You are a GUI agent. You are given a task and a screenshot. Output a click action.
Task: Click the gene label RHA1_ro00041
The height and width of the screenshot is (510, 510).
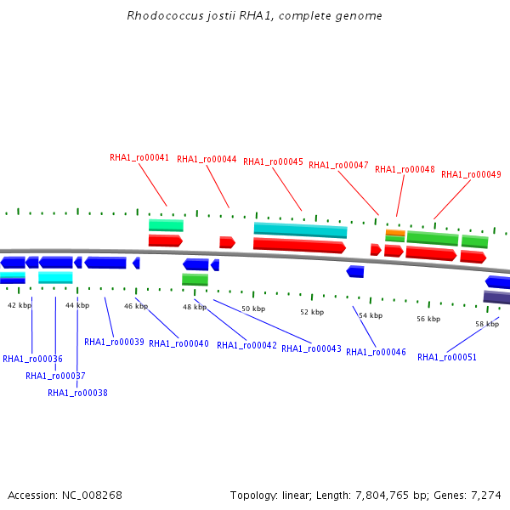point(139,158)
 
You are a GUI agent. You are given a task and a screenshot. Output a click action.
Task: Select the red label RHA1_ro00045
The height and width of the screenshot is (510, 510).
point(273,161)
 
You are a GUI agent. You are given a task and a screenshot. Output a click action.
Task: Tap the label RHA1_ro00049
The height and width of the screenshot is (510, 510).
point(471,174)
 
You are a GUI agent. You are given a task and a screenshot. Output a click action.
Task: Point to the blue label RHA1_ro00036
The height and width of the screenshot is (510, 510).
point(32,359)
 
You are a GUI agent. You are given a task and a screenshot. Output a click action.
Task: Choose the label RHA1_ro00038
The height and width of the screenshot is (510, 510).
point(77,393)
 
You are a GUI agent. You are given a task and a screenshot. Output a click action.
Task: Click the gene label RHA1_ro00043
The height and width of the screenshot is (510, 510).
point(311,348)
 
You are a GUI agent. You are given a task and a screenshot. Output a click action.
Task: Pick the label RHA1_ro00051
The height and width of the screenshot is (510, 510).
point(447,357)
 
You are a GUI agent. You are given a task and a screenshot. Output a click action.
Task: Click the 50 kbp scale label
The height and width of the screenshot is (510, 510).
point(253,309)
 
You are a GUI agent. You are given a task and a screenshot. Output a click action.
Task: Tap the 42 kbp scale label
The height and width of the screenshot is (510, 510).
point(20,305)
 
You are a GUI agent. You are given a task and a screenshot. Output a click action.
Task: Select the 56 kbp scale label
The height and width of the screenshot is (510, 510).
point(428,319)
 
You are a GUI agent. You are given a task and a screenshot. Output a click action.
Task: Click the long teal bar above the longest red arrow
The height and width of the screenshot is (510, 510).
point(301,230)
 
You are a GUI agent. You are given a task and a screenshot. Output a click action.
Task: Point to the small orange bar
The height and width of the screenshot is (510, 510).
point(395,233)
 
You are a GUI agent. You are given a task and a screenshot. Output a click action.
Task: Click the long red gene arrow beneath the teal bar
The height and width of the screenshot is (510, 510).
point(299,246)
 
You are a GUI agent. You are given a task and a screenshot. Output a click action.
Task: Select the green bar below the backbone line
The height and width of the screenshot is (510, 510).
point(195,280)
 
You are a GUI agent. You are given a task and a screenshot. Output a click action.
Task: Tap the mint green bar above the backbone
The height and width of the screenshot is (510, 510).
point(166,225)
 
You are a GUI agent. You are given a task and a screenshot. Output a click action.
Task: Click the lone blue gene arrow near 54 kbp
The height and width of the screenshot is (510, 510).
point(354,272)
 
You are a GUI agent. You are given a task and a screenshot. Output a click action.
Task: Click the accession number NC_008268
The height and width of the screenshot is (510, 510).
point(92,496)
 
